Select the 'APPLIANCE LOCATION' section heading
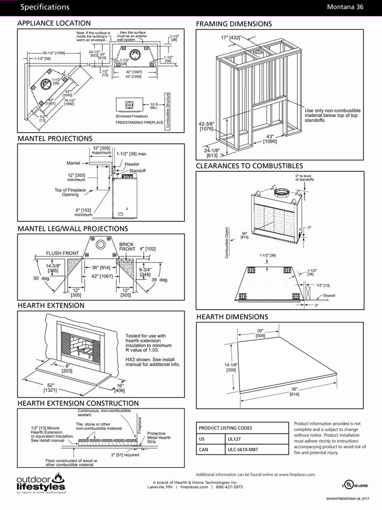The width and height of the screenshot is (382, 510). pyautogui.click(x=54, y=23)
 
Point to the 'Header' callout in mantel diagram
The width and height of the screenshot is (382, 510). pyautogui.click(x=132, y=164)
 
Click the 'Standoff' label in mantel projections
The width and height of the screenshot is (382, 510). pyautogui.click(x=137, y=170)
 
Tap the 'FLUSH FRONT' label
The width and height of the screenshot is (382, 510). pyautogui.click(x=63, y=253)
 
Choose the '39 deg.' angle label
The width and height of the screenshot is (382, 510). pyautogui.click(x=159, y=279)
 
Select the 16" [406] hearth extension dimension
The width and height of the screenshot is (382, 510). pyautogui.click(x=120, y=388)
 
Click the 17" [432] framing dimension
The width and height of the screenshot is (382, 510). pyautogui.click(x=231, y=38)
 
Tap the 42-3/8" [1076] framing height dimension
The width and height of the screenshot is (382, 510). pyautogui.click(x=207, y=126)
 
